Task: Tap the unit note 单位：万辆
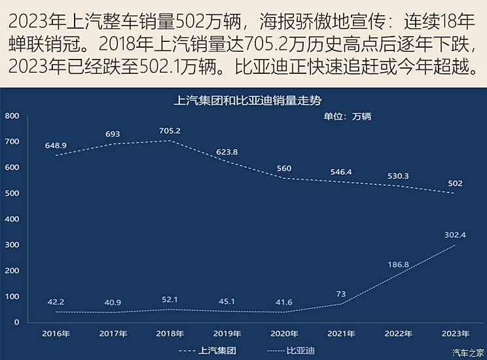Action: [348, 117]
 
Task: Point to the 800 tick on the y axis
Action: [12, 116]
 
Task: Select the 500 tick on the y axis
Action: [12, 193]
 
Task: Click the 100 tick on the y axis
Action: [12, 297]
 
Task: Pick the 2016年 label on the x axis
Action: [56, 333]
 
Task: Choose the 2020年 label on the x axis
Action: [284, 333]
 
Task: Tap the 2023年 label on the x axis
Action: [455, 333]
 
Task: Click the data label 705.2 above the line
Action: [170, 131]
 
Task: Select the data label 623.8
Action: [226, 152]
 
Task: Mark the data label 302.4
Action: [455, 234]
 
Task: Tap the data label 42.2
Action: [56, 302]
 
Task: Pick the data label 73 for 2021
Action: [341, 295]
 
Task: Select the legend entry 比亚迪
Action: [300, 350]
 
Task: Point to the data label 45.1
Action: [226, 302]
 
